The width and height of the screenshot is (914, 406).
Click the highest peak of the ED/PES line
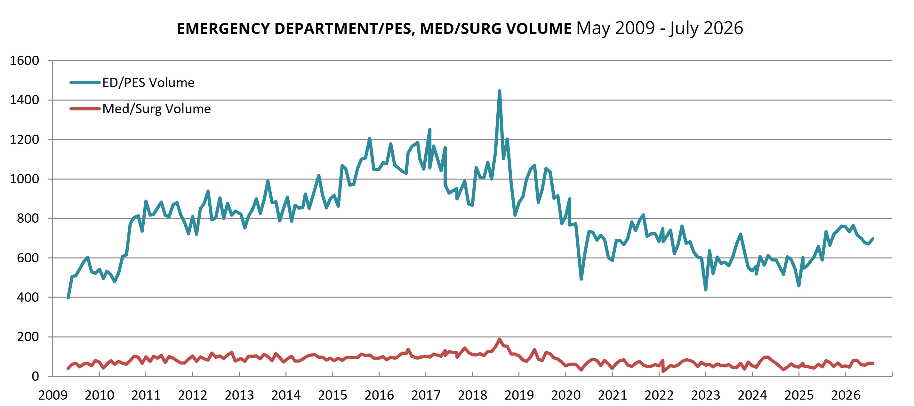pos(499,91)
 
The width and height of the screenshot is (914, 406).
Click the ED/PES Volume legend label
pos(148,83)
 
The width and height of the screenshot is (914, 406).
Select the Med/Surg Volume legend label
pos(156,108)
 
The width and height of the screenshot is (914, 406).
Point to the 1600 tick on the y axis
pos(24,61)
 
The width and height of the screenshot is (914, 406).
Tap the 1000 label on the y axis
pos(24,179)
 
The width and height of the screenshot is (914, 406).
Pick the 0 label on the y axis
pos(35,376)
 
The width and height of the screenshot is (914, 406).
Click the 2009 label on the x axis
pos(52,395)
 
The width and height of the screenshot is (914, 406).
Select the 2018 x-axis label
pos(472,395)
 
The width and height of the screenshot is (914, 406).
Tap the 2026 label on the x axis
pos(846,395)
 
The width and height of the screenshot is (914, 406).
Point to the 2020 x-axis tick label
pos(565,395)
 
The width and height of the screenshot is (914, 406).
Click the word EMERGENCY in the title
pos(223,29)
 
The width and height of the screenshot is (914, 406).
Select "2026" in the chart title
pos(724,28)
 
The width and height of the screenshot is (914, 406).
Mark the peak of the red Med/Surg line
pos(500,339)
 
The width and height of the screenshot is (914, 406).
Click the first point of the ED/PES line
pos(68,298)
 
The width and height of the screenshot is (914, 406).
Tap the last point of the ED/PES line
pos(872,239)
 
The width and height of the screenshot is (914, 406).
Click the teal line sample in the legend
pos(85,83)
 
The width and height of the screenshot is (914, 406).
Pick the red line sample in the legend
pos(85,108)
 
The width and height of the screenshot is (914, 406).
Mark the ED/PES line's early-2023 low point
pos(706,290)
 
